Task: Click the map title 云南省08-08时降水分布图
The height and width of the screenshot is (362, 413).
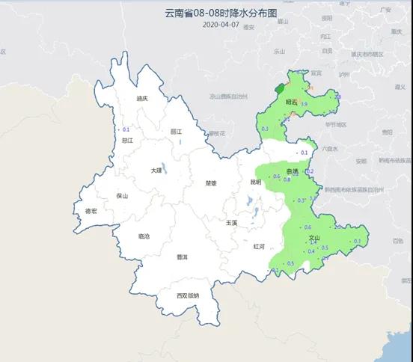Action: point(206,13)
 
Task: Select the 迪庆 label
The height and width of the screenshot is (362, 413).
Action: point(142,98)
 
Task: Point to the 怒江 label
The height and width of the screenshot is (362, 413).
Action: point(126,139)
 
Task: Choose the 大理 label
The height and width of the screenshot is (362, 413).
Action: point(156,170)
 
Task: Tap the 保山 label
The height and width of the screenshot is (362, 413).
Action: point(123,197)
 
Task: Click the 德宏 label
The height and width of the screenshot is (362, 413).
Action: point(91,212)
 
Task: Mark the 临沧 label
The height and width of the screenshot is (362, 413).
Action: point(144,236)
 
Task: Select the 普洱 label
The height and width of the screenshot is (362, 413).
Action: point(182,257)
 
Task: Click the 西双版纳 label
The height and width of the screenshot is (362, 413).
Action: point(188,295)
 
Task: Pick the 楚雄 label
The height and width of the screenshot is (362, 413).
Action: point(210,182)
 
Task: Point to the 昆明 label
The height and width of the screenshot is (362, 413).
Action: point(256,182)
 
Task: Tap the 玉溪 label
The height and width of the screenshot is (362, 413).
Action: point(232,223)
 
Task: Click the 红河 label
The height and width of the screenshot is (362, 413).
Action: point(259,245)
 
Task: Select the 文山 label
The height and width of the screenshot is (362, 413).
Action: point(314,239)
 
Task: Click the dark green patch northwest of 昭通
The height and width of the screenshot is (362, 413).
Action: point(279,76)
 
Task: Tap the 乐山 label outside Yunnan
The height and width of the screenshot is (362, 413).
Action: point(279,52)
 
